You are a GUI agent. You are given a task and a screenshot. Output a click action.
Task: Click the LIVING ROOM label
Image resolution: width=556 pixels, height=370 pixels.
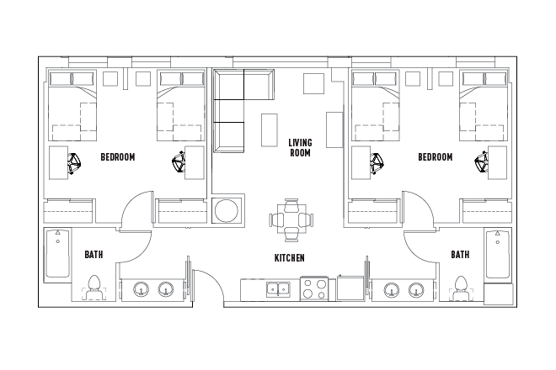[300, 148]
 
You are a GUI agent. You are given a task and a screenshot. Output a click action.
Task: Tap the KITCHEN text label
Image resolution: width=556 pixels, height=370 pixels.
[289, 258]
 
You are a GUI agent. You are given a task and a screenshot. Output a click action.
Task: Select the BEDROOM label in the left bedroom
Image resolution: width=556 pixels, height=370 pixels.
[117, 157]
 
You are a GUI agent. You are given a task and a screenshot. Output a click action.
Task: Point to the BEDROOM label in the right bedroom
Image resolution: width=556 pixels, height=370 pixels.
[435, 157]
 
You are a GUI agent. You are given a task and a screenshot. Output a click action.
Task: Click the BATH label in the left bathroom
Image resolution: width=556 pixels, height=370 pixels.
[94, 254]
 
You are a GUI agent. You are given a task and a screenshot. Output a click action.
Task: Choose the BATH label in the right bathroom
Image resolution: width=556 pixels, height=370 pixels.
[459, 254]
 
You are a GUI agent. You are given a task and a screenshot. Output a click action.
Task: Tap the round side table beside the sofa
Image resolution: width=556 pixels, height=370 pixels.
[227, 210]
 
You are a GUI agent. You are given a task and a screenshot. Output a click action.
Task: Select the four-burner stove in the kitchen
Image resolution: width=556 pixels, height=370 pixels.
[315, 289]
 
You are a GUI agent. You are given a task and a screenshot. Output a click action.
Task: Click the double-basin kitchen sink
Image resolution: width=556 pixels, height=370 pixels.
[277, 289]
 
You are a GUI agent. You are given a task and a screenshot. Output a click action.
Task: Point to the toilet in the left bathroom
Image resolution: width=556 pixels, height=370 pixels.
[95, 286]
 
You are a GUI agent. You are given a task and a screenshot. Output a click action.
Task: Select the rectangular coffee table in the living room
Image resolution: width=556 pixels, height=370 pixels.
[270, 129]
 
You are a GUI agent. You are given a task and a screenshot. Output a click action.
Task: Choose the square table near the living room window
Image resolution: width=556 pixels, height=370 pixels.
[313, 83]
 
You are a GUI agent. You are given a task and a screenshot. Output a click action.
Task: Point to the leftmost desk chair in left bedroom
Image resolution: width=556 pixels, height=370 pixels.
[73, 161]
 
